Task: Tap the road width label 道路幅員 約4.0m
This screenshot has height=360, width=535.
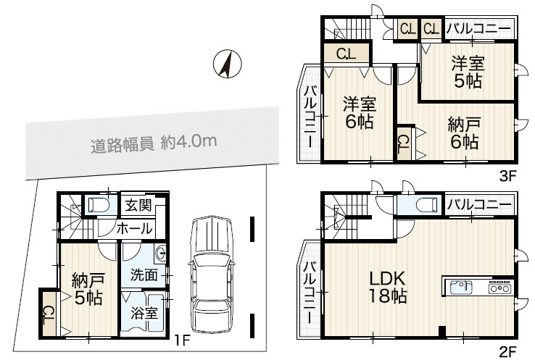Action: [x=154, y=143]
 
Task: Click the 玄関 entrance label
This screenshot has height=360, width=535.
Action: [x=138, y=205]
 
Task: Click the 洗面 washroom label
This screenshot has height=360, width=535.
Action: [x=144, y=275]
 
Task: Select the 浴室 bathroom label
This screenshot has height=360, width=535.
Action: [x=144, y=314]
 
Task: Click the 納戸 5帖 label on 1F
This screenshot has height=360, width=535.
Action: [x=86, y=288]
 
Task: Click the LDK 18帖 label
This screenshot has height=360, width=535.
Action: [x=388, y=287]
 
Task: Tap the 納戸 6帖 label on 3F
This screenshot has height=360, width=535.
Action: [x=463, y=132]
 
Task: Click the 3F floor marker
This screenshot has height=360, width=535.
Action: [x=507, y=175]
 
